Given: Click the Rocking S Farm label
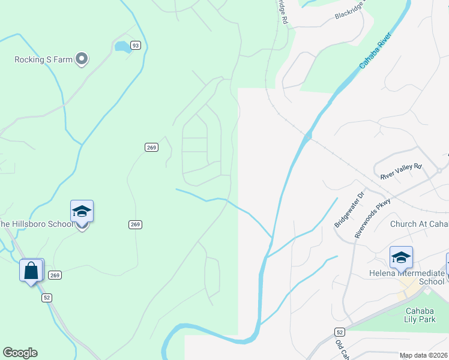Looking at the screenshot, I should pos(43,59).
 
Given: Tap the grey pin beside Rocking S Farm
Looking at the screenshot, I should pos(82,59).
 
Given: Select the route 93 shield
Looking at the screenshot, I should pos(136,46).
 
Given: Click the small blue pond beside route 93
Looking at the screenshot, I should pos(122,46).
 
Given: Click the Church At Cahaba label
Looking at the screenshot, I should pos(419,224).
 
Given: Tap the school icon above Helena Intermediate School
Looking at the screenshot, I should pos(401,257).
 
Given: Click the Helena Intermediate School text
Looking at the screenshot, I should pos(406,277).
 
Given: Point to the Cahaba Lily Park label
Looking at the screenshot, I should pos(427,316).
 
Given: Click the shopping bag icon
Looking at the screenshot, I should pos(32,270).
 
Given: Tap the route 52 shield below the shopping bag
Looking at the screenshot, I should pos(47,297).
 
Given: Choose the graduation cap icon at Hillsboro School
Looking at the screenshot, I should pos(82,211).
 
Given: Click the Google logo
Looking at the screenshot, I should pos(20,353).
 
